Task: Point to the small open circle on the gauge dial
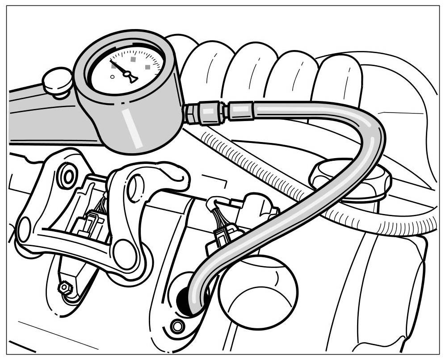112,77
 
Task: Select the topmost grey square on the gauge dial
132,59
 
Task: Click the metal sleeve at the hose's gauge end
242,111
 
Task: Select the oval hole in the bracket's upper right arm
135,188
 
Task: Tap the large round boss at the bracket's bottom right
124,254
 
